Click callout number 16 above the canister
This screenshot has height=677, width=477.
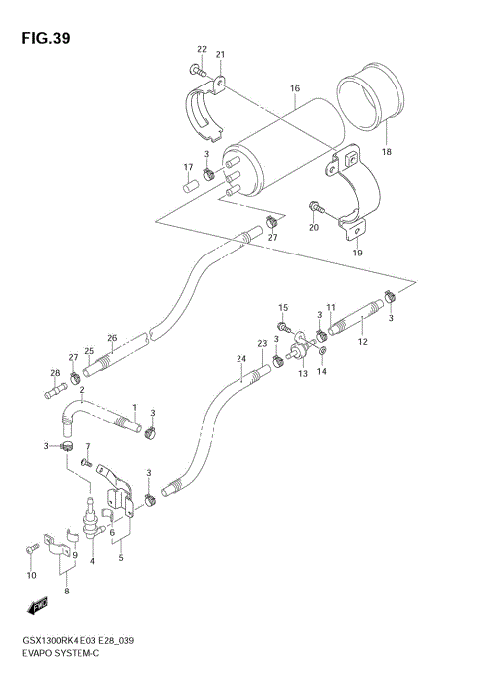(294, 89)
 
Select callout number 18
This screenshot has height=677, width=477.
(387, 152)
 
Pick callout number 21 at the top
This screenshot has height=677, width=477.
(220, 54)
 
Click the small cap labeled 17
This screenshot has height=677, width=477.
(187, 184)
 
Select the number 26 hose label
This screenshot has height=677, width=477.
(112, 337)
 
